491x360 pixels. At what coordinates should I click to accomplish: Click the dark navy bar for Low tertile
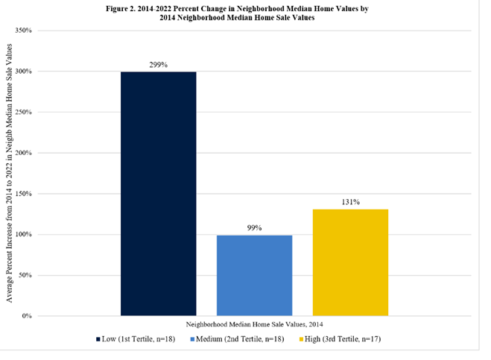158,194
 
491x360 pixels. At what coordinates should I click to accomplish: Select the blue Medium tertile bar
254,275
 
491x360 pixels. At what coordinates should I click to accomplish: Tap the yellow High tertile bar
350,262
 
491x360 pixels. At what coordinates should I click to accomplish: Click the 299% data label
158,65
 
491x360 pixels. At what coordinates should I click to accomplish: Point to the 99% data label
254,227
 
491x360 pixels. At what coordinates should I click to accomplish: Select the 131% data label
350,201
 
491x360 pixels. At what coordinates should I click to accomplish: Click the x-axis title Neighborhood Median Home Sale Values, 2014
254,325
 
